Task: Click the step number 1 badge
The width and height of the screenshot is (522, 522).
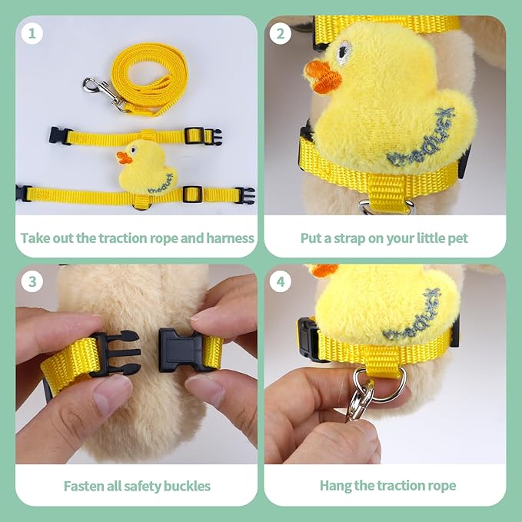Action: click(32, 34)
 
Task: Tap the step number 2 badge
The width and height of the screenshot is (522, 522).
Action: click(281, 34)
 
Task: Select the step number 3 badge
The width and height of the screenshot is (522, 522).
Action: click(32, 282)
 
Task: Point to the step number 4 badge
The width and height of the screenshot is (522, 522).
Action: click(281, 282)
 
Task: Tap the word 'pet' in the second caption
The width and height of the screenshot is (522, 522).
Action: click(457, 238)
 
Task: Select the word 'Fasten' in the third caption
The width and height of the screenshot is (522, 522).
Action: click(84, 486)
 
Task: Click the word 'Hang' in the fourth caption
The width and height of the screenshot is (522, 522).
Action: click(334, 486)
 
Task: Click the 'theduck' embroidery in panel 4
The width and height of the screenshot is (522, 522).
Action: click(416, 314)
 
